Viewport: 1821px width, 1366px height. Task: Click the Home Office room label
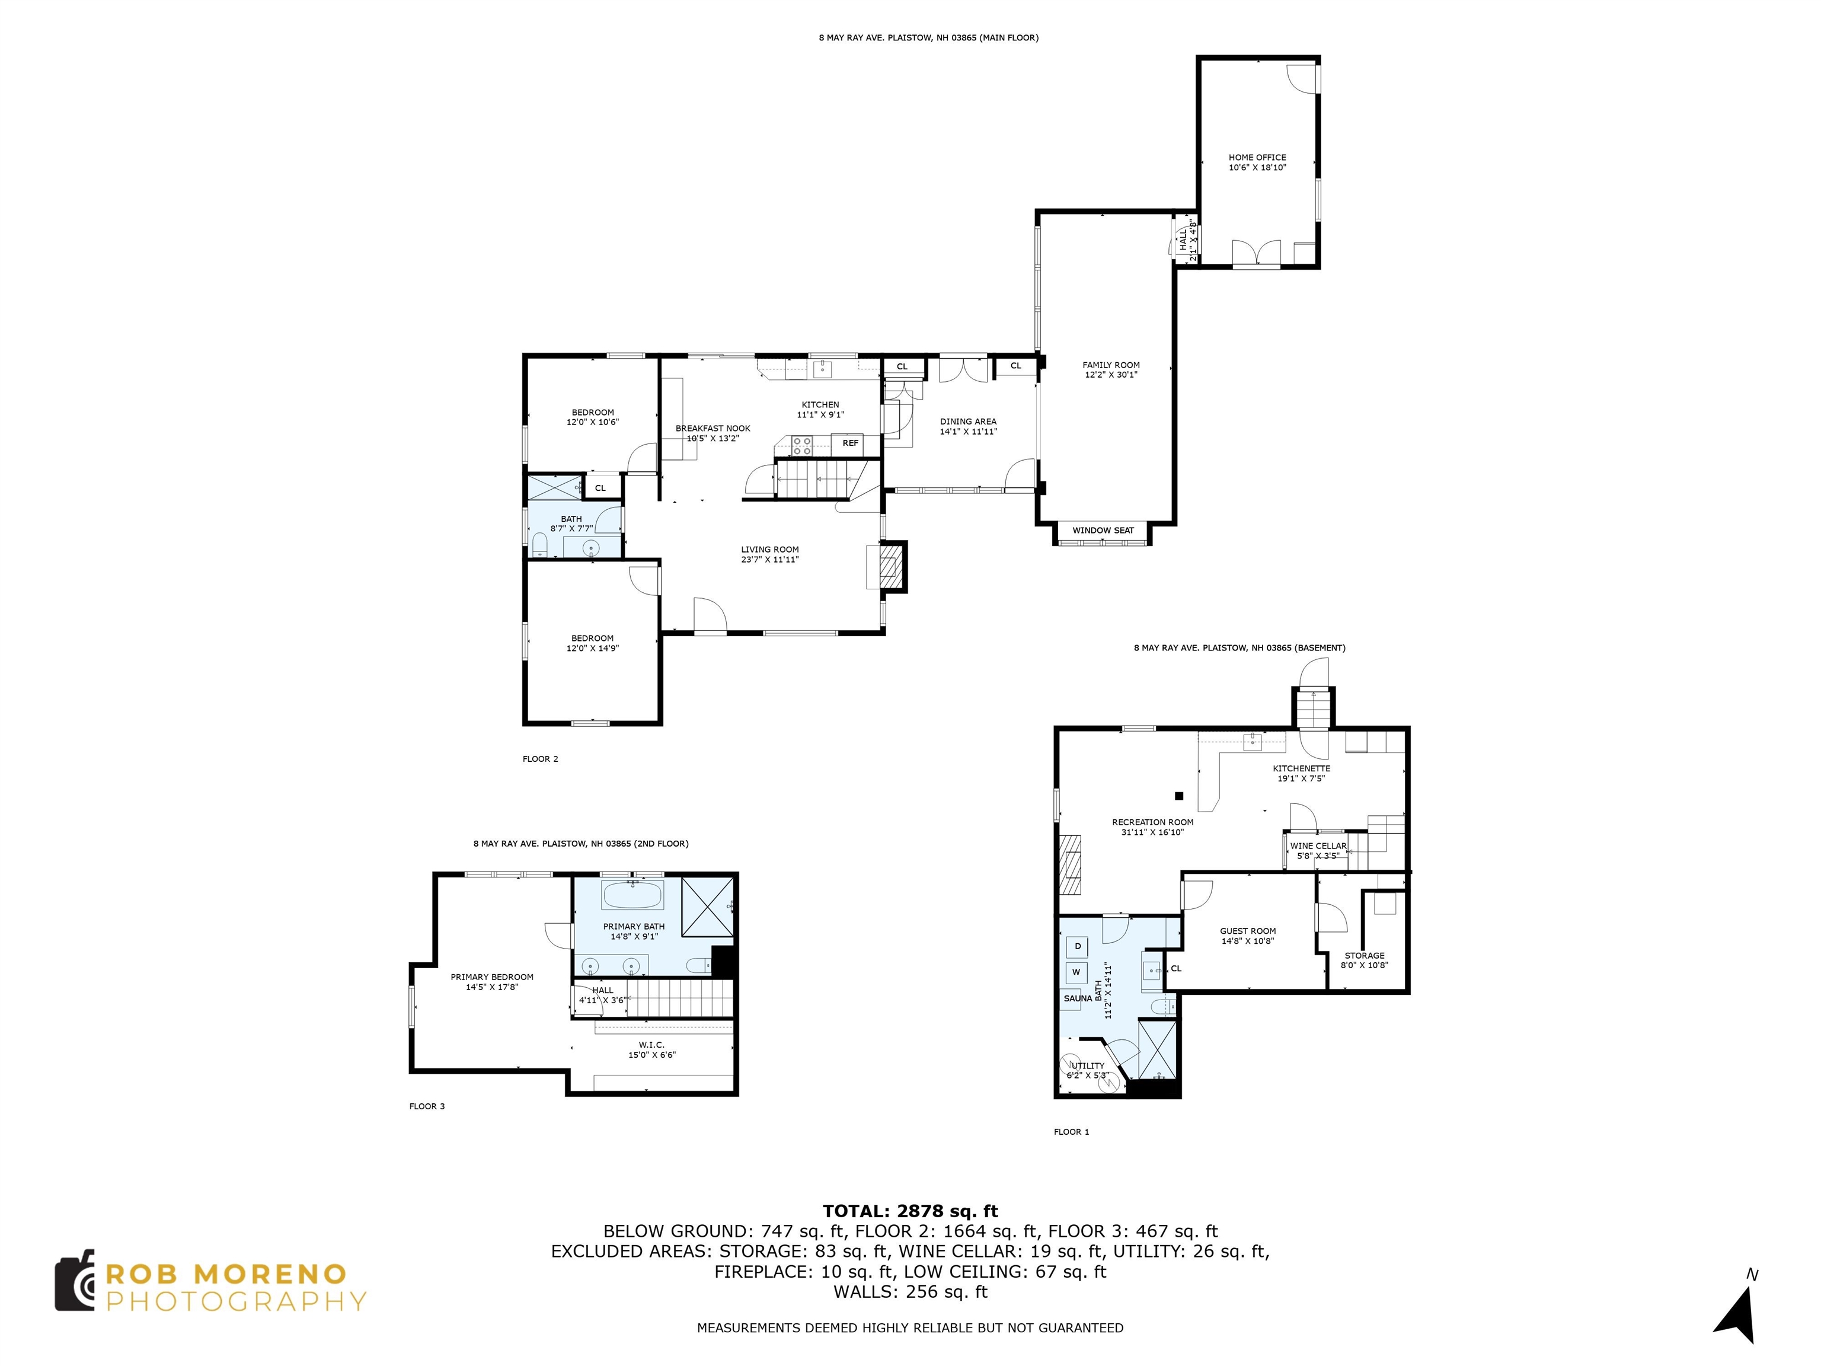[1257, 157]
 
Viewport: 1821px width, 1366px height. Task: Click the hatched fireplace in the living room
[892, 566]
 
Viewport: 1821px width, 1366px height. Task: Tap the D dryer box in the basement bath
[1077, 947]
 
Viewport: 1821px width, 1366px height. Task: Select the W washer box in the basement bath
[1076, 972]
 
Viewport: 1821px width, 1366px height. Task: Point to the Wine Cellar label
[1318, 845]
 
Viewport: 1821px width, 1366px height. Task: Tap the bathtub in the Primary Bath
[633, 894]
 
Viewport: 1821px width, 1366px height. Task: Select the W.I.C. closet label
[651, 1045]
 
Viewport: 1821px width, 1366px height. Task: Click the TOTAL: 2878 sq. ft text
[910, 1211]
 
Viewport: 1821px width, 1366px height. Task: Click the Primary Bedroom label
[491, 977]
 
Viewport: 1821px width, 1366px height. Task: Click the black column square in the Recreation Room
[1179, 796]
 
